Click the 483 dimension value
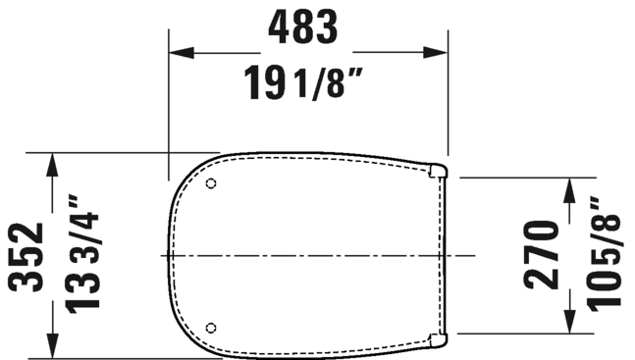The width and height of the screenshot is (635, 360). (302, 27)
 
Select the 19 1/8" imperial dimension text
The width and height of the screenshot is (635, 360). (303, 83)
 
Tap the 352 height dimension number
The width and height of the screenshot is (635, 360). (26, 257)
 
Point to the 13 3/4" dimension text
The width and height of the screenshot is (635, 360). (82, 254)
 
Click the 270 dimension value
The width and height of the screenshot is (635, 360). (542, 255)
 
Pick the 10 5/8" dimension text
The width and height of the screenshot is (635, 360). (604, 254)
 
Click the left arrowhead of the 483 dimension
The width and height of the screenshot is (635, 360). (182, 53)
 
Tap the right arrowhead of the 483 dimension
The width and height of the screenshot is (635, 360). (436, 53)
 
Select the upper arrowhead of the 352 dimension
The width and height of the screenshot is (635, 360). (52, 165)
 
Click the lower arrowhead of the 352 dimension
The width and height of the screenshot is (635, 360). (52, 345)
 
